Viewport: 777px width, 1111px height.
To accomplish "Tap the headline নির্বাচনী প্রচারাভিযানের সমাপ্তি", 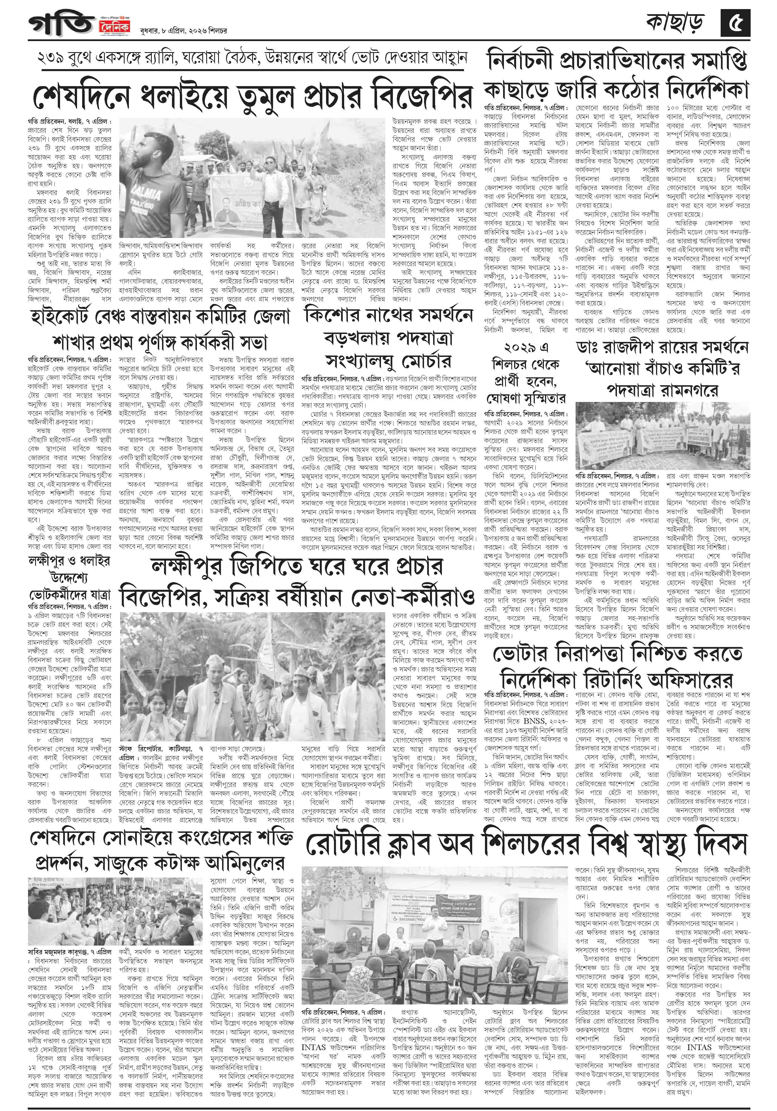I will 617,61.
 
